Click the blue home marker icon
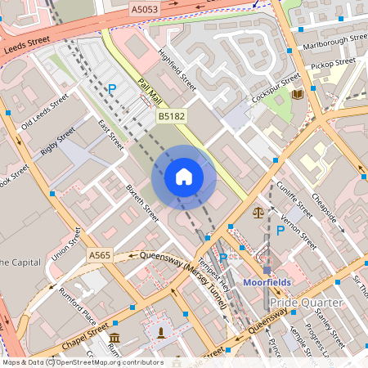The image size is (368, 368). (184, 177)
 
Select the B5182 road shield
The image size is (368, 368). (170, 118)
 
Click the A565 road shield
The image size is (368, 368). (100, 256)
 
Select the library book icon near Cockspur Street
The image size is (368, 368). (296, 95)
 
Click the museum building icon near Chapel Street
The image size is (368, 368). (114, 338)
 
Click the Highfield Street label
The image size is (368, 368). (177, 72)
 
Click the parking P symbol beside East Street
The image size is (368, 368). (112, 89)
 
